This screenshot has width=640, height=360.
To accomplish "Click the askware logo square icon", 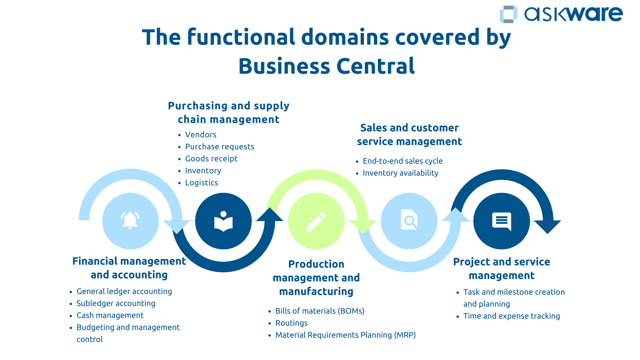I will click(x=508, y=14).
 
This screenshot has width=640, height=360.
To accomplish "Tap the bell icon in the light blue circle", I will click(x=130, y=220).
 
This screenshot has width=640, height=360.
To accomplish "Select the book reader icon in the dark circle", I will click(x=223, y=221).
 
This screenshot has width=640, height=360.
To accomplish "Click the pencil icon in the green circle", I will click(x=316, y=221).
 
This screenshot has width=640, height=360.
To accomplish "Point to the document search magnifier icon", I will click(x=409, y=220).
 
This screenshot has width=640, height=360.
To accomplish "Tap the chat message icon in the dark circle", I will click(x=502, y=221).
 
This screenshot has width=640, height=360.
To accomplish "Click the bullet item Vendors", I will click(x=201, y=135).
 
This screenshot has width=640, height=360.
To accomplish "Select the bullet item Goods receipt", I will click(x=211, y=159).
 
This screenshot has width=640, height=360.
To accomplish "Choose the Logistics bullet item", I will click(x=201, y=183).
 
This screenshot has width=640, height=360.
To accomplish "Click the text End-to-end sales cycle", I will click(x=403, y=161).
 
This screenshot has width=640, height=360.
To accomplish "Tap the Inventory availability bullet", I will click(x=400, y=173).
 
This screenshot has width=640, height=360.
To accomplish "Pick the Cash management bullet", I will click(x=110, y=315).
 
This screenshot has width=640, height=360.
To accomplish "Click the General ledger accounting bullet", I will click(x=124, y=291).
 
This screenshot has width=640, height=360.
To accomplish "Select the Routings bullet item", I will click(x=291, y=323).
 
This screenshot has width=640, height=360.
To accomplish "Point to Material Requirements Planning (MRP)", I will click(x=345, y=335).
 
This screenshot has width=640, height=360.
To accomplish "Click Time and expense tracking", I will click(x=511, y=316).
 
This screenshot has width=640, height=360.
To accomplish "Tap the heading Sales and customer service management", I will click(x=409, y=135).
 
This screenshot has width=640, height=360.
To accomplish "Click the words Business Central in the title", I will click(x=326, y=66).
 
